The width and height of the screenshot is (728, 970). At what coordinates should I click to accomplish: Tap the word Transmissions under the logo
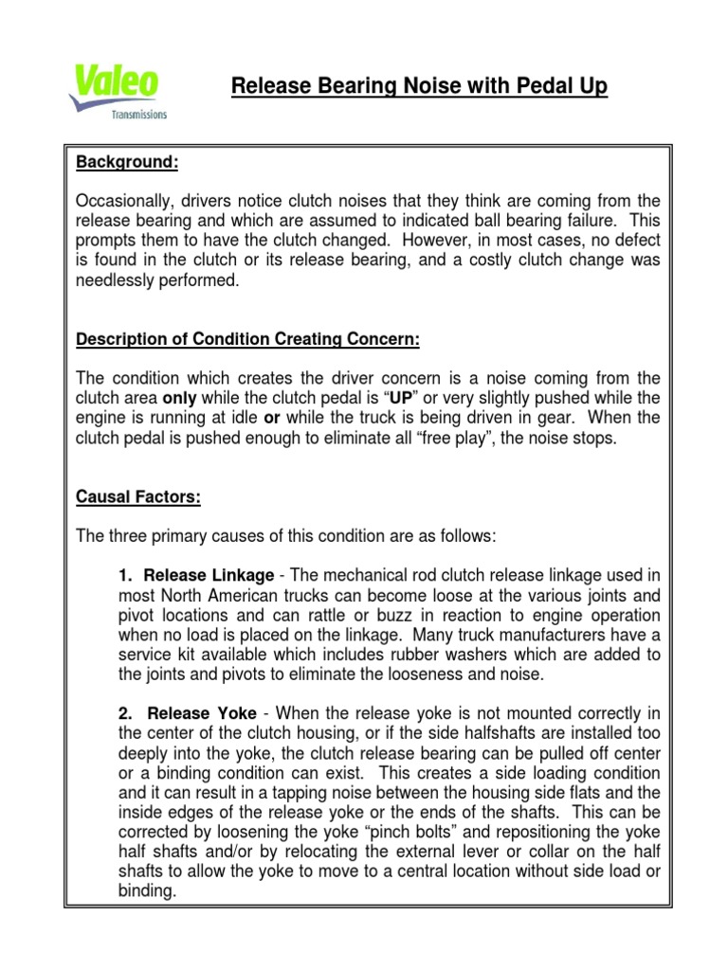click(138, 114)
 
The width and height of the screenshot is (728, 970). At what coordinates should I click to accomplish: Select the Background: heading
click(127, 163)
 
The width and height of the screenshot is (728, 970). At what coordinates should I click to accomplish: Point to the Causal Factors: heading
click(137, 496)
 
